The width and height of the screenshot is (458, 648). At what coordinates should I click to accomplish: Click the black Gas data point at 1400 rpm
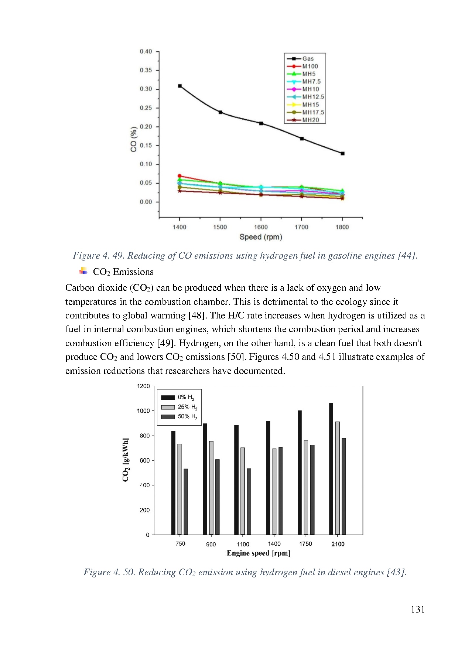point(180,86)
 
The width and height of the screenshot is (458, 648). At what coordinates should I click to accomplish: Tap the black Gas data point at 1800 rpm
point(342,154)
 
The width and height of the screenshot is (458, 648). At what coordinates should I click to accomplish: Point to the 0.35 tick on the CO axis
point(146,70)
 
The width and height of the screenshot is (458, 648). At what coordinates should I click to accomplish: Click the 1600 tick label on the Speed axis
point(261,227)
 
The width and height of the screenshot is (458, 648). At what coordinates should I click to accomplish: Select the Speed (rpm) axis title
point(261,237)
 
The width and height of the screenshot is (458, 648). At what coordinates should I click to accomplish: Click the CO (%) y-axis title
point(134,139)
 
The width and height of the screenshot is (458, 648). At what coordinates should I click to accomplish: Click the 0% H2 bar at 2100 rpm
point(331,468)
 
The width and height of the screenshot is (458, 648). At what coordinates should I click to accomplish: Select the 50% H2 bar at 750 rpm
point(186,501)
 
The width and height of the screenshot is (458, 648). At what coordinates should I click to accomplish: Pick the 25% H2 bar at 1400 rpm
point(274,491)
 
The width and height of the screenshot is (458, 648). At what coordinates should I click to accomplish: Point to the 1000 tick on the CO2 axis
point(143,411)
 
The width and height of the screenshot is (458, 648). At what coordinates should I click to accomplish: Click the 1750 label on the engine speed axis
point(305,544)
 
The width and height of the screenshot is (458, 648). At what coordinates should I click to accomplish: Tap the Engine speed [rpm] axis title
point(259,553)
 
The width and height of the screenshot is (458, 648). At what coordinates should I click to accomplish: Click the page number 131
point(418,610)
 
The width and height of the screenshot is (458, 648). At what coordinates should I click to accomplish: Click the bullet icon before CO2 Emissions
point(83,272)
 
